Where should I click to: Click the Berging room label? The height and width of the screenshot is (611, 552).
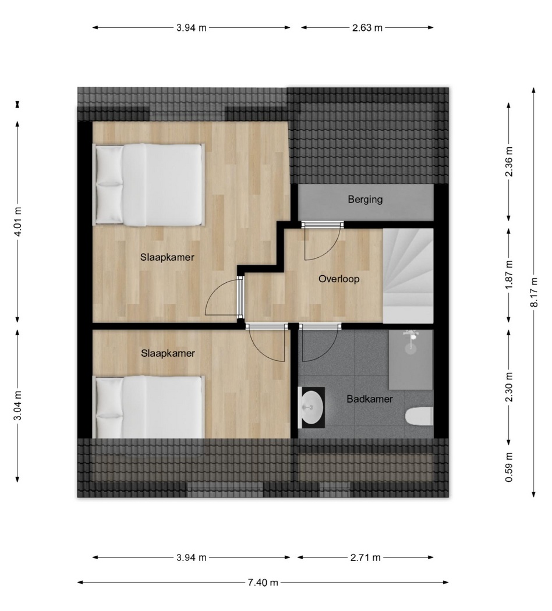(x=365, y=200)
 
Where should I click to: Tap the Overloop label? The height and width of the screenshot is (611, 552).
(x=339, y=279)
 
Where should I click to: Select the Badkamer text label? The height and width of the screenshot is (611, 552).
(x=370, y=399)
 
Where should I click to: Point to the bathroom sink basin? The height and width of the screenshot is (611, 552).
(x=312, y=407)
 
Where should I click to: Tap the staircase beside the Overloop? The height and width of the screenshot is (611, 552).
(x=408, y=276)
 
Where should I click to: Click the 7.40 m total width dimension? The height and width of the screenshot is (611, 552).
(x=263, y=582)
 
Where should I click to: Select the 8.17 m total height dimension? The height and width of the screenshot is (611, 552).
(x=534, y=292)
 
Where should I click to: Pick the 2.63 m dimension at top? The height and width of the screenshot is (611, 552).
(x=367, y=28)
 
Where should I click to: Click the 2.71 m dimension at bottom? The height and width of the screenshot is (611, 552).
(x=365, y=557)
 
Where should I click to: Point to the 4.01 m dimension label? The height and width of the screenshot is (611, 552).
(x=17, y=221)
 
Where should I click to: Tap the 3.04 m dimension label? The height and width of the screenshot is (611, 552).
(x=17, y=406)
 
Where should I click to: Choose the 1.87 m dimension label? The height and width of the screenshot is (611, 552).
(x=509, y=275)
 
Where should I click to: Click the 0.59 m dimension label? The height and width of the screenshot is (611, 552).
(x=509, y=467)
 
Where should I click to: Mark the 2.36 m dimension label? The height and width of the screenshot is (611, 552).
(x=509, y=161)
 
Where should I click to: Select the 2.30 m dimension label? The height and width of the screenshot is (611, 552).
(x=509, y=388)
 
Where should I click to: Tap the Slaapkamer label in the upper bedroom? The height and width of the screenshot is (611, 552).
(x=167, y=258)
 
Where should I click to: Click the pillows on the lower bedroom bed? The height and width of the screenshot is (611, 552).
(x=109, y=406)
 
